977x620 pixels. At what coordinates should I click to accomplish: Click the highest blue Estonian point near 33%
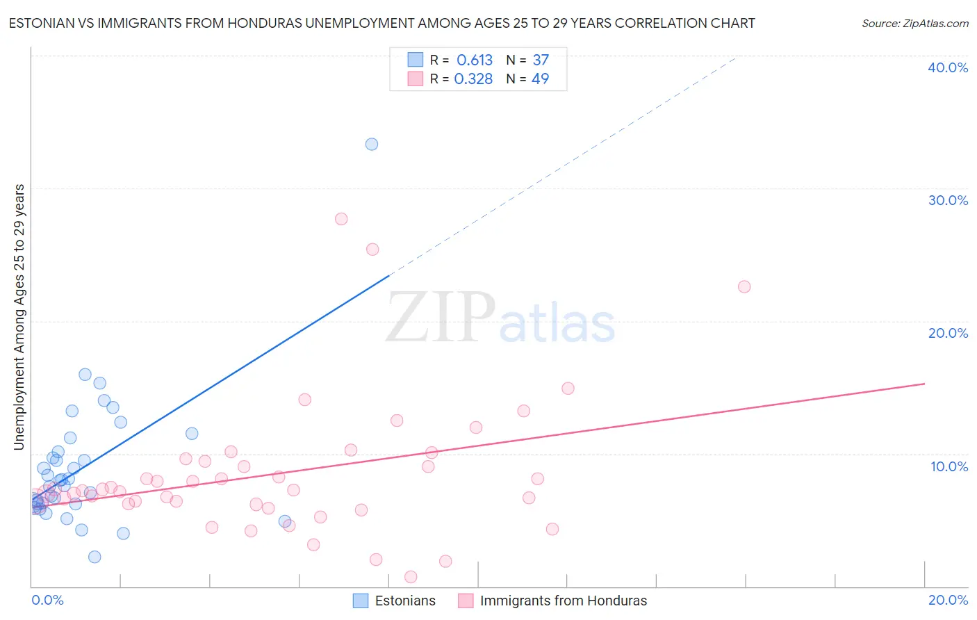coord(372,144)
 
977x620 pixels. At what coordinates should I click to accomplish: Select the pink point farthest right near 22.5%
coord(744,286)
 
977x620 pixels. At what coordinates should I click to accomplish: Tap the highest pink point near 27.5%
coord(341,219)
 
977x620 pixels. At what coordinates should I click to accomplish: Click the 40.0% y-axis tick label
coord(948,67)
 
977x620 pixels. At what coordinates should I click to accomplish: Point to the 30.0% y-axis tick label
coord(948,200)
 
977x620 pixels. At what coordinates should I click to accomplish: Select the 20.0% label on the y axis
coord(948,333)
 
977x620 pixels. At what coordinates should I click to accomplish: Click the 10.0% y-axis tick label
coord(949,466)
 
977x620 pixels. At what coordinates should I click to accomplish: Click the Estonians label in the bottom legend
coord(405,601)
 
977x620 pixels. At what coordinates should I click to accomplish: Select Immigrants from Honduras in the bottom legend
coord(563,601)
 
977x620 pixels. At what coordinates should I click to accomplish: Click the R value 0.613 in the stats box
coord(475,60)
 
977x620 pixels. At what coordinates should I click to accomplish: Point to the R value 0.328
coord(473,79)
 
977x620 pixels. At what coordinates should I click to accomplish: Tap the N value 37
coord(541,60)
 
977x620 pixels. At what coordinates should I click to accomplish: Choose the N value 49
coord(540,79)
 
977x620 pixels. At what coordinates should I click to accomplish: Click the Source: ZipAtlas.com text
coord(914,24)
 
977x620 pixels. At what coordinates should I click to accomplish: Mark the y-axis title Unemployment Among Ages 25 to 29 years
coord(19,317)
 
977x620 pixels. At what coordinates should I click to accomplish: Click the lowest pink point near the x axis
coord(411,577)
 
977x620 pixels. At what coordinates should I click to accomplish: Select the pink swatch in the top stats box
coord(416,79)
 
